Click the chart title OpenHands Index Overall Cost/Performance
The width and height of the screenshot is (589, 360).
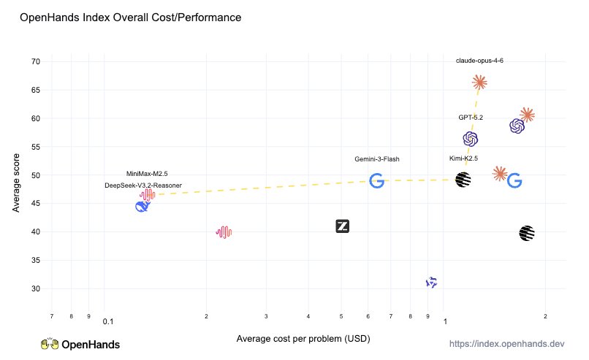[x=130, y=17]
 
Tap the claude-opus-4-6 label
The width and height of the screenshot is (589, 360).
[x=479, y=61]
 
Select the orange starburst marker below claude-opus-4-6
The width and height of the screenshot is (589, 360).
[x=479, y=83]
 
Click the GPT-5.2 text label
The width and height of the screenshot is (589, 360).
[x=471, y=118]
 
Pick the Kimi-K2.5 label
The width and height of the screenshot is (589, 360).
[x=463, y=158]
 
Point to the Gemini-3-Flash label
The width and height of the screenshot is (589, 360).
[x=377, y=159]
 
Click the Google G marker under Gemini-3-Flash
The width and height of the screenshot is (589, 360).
[x=377, y=180]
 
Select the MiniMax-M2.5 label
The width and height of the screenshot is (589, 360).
[x=147, y=174]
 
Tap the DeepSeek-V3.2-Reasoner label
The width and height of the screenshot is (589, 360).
[x=143, y=185]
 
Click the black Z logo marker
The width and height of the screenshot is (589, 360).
[x=343, y=226]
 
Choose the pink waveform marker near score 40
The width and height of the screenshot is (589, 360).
[x=224, y=232]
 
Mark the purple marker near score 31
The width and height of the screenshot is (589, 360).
[x=432, y=282]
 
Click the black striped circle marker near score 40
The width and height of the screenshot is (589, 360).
[x=527, y=233]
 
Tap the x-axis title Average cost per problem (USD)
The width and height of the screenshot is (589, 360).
[x=303, y=339]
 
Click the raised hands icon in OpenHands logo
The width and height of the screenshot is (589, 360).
[x=49, y=344]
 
